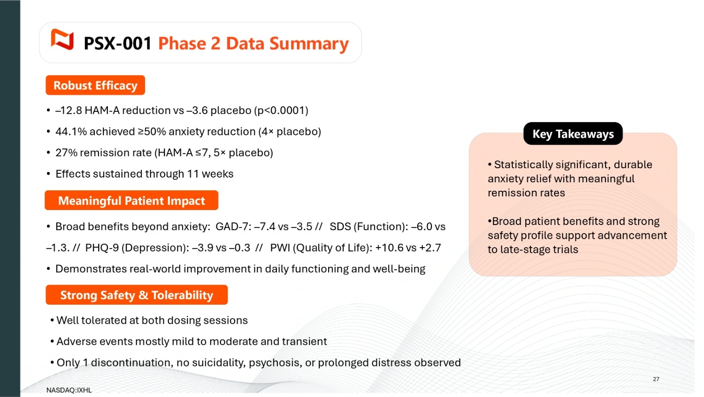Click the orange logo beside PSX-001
click(x=62, y=39)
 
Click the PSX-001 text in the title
click(x=118, y=43)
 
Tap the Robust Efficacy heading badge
click(x=95, y=85)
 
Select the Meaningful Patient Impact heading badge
click(x=131, y=201)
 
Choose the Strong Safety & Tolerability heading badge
click(x=137, y=295)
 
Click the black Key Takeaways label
click(x=573, y=134)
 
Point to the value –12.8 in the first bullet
click(x=69, y=110)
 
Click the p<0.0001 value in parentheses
click(x=281, y=110)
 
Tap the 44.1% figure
click(x=71, y=132)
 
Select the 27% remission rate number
click(x=66, y=153)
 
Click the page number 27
click(x=656, y=379)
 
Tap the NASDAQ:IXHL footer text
click(x=69, y=390)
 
